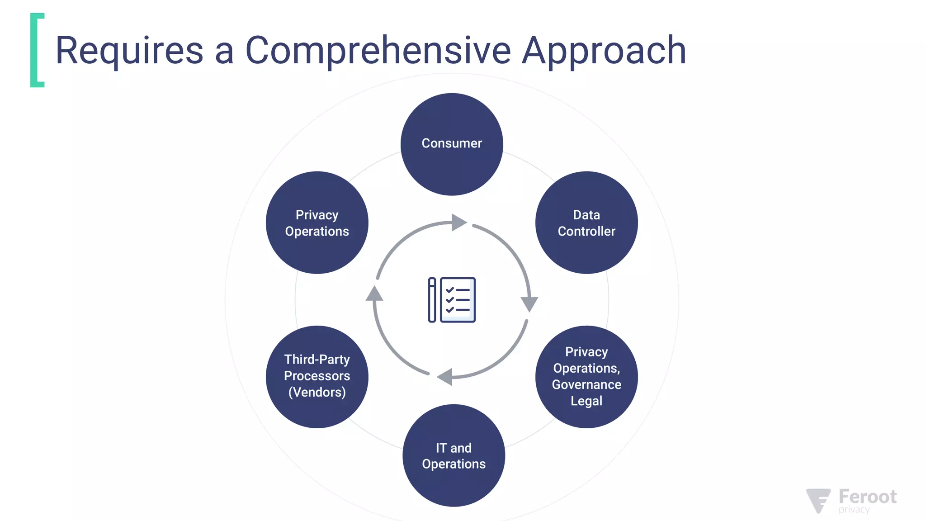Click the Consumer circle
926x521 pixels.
click(452, 144)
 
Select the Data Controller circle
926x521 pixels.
click(586, 223)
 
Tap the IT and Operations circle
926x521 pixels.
click(454, 455)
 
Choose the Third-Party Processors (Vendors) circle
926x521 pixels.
click(317, 377)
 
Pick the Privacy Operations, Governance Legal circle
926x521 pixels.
click(586, 377)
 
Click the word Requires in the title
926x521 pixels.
click(129, 51)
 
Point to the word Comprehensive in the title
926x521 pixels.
click(378, 51)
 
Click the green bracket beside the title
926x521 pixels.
click(37, 50)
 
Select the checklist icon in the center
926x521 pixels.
click(452, 300)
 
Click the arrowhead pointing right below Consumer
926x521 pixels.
click(458, 222)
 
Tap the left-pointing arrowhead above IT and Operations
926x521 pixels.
click(445, 376)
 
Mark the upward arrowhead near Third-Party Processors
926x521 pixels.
click(374, 294)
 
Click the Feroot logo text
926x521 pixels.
click(867, 497)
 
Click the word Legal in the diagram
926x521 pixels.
click(586, 401)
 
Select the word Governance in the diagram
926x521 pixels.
click(586, 384)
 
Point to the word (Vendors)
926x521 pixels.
click(317, 392)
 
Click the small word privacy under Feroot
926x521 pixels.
click(854, 510)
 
